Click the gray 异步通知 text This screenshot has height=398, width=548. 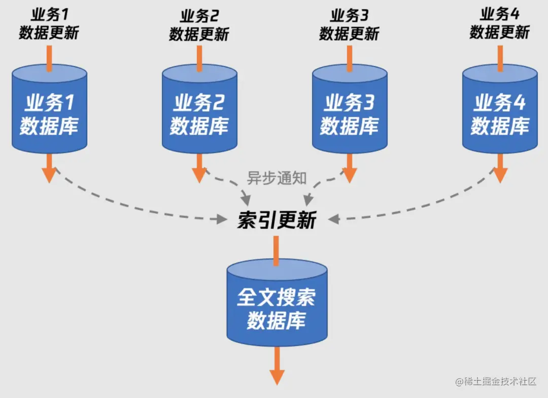[x=277, y=178]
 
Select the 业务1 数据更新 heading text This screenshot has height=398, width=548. [x=49, y=24]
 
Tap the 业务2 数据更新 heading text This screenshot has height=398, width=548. [x=199, y=24]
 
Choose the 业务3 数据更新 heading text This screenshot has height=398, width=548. [x=350, y=24]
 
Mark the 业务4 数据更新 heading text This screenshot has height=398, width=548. [x=500, y=24]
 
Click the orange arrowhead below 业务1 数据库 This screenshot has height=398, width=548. [x=49, y=175]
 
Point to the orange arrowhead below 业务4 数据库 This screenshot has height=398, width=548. [x=500, y=175]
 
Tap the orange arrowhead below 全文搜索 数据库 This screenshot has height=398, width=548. [x=277, y=376]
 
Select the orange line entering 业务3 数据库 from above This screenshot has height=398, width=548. [x=350, y=57]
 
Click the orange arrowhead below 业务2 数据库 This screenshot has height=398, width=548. [x=199, y=175]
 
